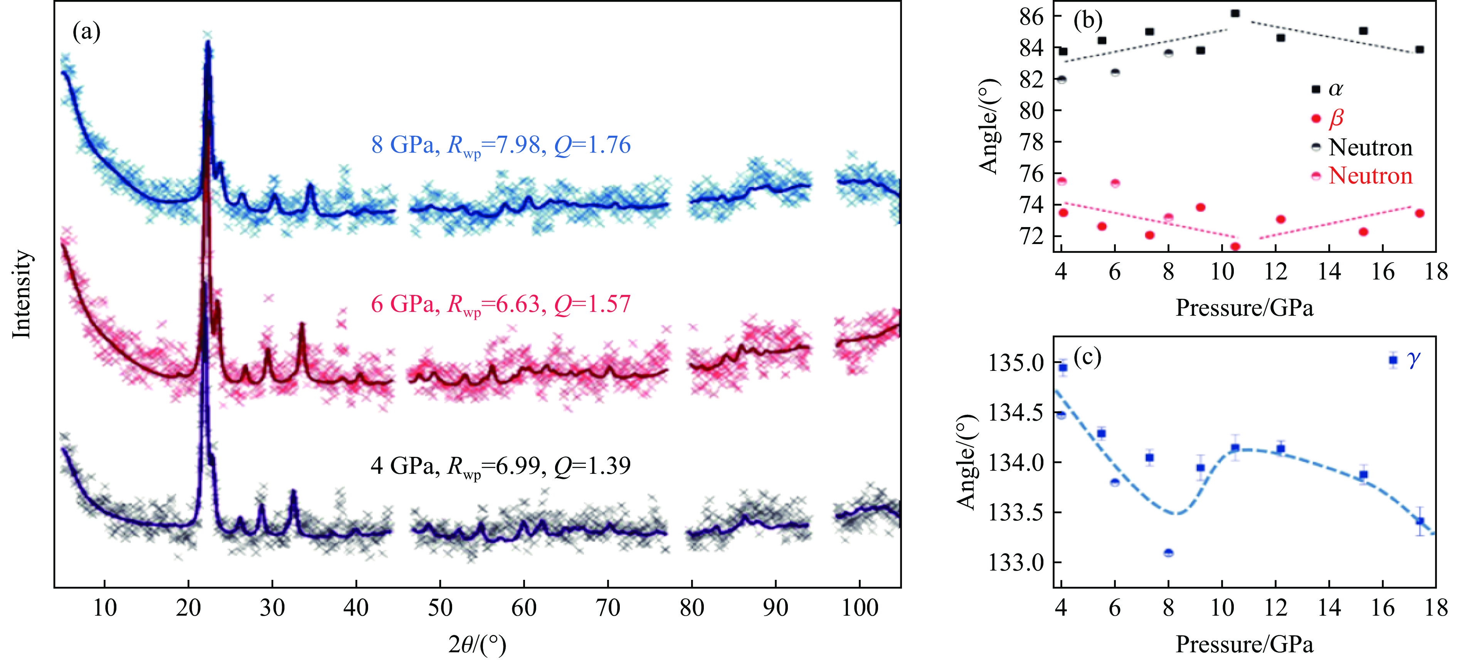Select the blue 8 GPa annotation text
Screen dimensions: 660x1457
(501, 145)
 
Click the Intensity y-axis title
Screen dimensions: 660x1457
(22, 294)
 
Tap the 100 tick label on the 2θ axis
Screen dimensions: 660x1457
(859, 608)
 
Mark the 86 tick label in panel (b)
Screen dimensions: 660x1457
(1031, 17)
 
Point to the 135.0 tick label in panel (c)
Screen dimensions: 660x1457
(1016, 362)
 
